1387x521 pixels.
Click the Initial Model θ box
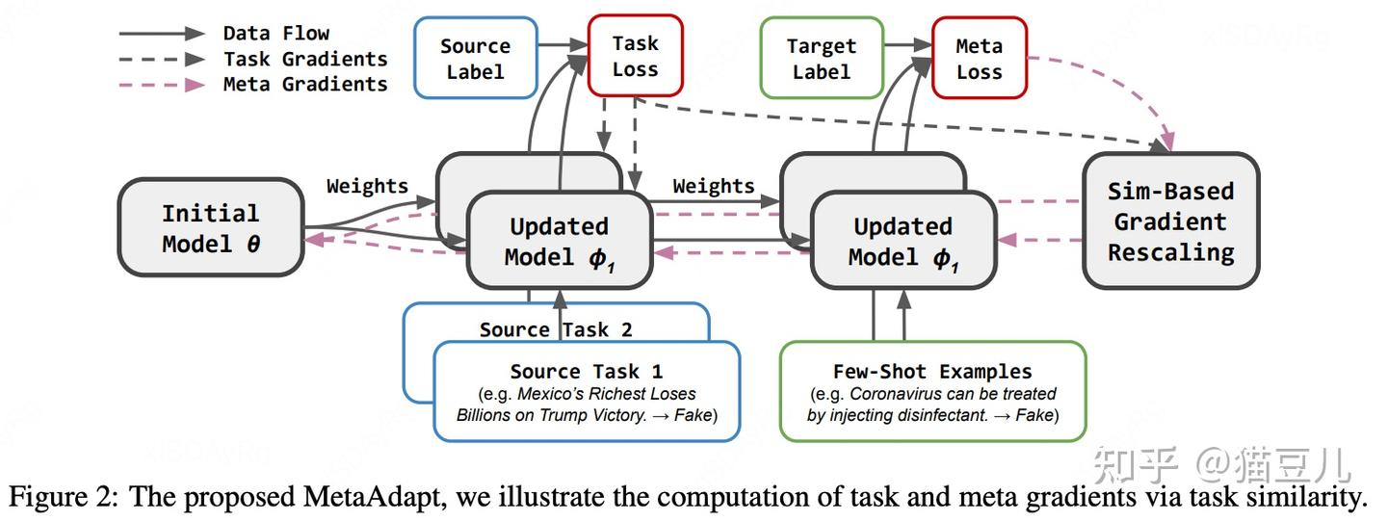point(211,227)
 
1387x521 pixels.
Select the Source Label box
point(476,58)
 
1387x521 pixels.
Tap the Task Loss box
point(636,56)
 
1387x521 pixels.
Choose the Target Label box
point(822,58)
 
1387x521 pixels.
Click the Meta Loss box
point(980,58)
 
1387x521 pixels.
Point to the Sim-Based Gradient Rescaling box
point(1171,221)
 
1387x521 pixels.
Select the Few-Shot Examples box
point(932,391)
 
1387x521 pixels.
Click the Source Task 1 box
point(587,391)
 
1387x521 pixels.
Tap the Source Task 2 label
point(556,329)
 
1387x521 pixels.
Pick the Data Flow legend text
point(276,33)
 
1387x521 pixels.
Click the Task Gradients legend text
point(305,59)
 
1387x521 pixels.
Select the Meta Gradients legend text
point(305,84)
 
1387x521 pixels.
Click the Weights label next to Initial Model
point(367,186)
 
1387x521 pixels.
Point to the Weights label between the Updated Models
point(714,186)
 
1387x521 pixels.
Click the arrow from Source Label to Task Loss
point(563,44)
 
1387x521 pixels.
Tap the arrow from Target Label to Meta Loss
point(908,44)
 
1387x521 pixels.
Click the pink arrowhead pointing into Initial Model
point(315,239)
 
